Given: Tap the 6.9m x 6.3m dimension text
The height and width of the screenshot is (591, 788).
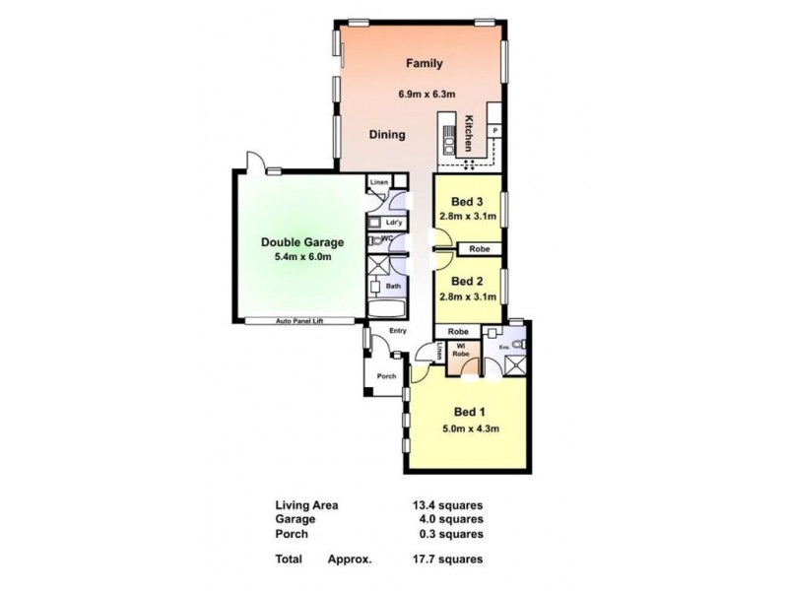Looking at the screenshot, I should [x=427, y=95].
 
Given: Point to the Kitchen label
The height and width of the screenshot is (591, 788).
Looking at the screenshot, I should [x=470, y=133].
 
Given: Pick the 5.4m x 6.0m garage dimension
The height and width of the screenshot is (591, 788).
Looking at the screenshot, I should [x=301, y=258].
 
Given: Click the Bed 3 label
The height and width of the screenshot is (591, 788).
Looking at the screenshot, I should [x=455, y=204].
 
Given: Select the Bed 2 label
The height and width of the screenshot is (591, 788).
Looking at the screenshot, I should [x=455, y=278].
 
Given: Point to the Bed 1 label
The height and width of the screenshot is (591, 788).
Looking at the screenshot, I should [x=467, y=412].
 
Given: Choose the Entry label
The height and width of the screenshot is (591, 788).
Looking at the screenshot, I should [x=398, y=331].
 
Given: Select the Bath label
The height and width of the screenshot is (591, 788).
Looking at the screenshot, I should [x=392, y=287].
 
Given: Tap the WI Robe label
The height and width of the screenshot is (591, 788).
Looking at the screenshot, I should [x=459, y=354].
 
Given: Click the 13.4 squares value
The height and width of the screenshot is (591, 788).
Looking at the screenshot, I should [x=446, y=505].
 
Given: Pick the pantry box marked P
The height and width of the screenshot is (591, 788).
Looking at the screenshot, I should [x=493, y=131].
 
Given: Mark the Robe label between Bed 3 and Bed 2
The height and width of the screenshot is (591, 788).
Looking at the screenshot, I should [x=480, y=248].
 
